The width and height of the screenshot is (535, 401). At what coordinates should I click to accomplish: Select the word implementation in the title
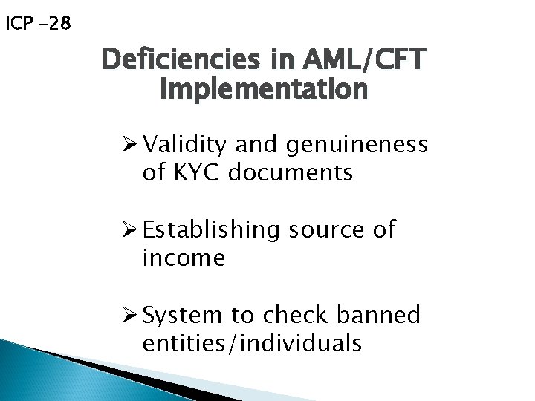pos(263,89)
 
